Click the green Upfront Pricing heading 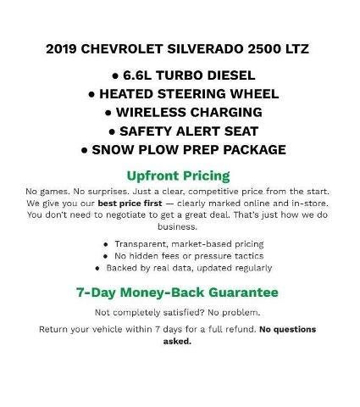178,176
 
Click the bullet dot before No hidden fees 106,256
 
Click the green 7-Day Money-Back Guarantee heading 178,293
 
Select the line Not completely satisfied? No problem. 178,313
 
